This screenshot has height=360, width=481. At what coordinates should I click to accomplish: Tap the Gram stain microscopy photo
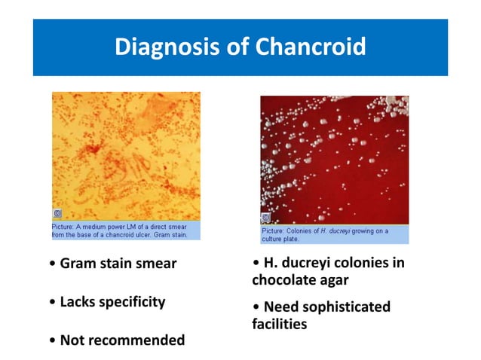tap(126, 154)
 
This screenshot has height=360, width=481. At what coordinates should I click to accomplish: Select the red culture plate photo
tap(334, 158)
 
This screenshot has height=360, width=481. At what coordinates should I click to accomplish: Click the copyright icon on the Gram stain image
tap(57, 214)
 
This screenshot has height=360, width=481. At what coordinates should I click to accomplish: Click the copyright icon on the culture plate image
tap(265, 218)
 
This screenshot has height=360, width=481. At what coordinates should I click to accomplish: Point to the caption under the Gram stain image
tap(126, 230)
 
